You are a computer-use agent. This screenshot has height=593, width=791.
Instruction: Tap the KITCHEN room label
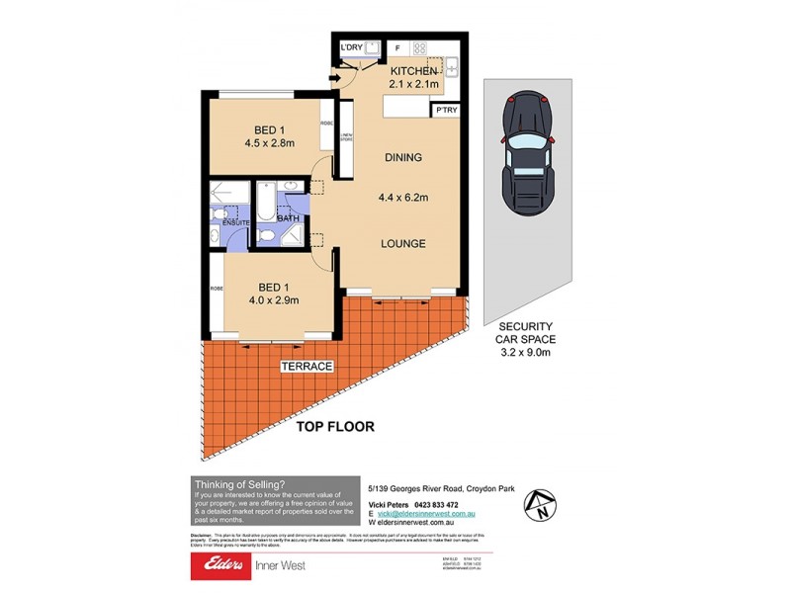click(x=413, y=72)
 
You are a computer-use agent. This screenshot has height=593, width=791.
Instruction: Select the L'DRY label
click(x=351, y=48)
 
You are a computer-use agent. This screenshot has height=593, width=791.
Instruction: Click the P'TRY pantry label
click(x=446, y=112)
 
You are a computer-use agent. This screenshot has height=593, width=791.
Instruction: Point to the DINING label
click(x=402, y=157)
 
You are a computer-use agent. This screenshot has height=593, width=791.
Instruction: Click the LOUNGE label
click(x=402, y=243)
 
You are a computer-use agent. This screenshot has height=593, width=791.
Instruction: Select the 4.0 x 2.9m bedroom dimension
click(x=273, y=300)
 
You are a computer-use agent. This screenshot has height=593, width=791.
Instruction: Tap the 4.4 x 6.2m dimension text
click(x=402, y=197)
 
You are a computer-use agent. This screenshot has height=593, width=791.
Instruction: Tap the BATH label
click(x=289, y=218)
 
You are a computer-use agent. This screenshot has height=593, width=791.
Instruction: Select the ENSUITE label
click(x=235, y=223)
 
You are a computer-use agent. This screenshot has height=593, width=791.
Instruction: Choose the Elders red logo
click(x=223, y=565)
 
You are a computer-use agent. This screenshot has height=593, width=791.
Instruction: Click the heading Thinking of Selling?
click(x=240, y=483)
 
